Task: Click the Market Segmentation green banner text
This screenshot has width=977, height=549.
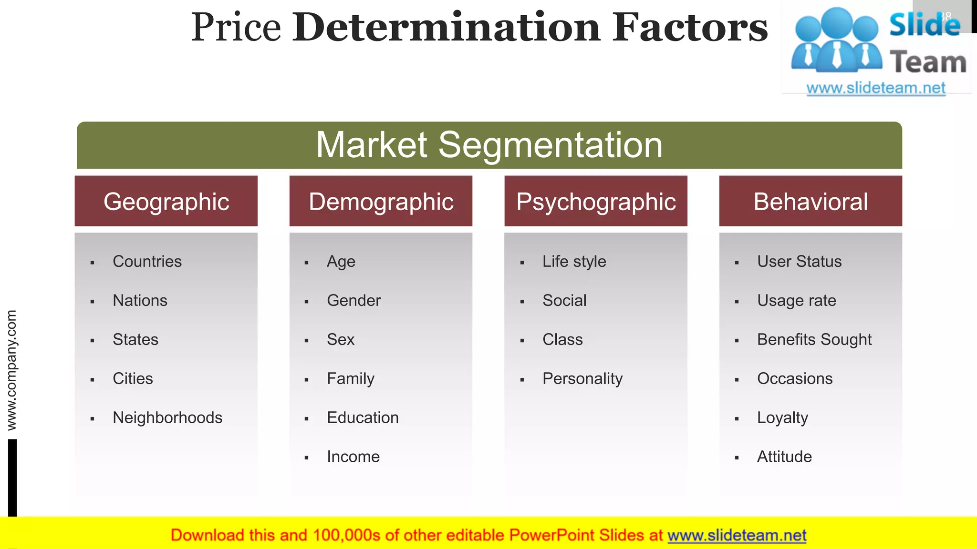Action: click(x=489, y=145)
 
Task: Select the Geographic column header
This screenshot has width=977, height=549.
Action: click(x=166, y=202)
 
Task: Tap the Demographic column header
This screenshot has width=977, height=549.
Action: click(x=381, y=202)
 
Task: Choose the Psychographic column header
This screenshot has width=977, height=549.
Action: click(x=596, y=202)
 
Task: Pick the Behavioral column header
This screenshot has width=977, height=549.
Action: click(x=811, y=202)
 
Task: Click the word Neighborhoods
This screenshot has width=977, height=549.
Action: click(x=167, y=417)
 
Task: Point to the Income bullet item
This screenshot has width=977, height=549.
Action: click(x=353, y=457)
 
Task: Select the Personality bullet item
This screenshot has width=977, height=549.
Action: click(x=582, y=378)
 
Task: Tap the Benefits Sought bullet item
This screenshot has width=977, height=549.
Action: click(x=814, y=339)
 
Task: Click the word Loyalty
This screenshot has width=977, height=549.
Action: click(x=782, y=417)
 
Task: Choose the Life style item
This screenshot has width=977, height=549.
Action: click(x=574, y=261)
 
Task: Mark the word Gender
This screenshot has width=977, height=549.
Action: click(x=353, y=300)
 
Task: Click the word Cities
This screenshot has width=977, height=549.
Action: click(x=133, y=378)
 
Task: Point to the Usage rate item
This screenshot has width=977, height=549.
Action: click(x=796, y=300)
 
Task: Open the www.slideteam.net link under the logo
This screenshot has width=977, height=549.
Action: click(x=875, y=88)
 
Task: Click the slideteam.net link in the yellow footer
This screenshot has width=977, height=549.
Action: click(x=737, y=535)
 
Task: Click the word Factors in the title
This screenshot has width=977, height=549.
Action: click(x=690, y=27)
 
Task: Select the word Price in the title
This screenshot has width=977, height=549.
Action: click(x=236, y=27)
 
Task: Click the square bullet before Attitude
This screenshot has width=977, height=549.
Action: click(x=737, y=458)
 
